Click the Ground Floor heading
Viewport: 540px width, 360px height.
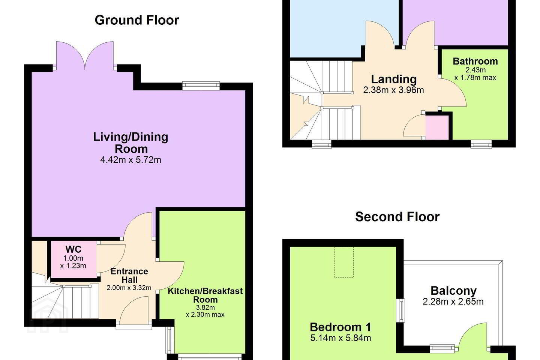pyautogui.click(x=137, y=20)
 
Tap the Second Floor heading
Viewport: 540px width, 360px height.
pyautogui.click(x=397, y=216)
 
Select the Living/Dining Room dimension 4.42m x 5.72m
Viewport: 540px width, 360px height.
pyautogui.click(x=130, y=160)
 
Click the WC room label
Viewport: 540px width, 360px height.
pyautogui.click(x=73, y=249)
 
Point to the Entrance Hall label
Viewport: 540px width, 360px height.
pyautogui.click(x=129, y=276)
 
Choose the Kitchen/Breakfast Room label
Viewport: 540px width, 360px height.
pyautogui.click(x=205, y=295)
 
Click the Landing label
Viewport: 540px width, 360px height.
pyautogui.click(x=394, y=79)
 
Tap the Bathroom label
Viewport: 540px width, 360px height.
pyautogui.click(x=475, y=61)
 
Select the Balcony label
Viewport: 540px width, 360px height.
pyautogui.click(x=453, y=291)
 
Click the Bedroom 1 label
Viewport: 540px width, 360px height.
pyautogui.click(x=340, y=327)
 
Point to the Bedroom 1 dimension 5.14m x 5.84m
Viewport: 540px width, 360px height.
pyautogui.click(x=340, y=338)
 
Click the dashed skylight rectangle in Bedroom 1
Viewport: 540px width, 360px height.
pyautogui.click(x=344, y=262)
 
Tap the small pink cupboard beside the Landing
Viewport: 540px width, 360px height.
pyautogui.click(x=437, y=127)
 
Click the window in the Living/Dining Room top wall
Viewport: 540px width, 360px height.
pyautogui.click(x=201, y=86)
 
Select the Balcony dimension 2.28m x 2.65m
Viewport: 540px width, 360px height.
pyautogui.click(x=453, y=301)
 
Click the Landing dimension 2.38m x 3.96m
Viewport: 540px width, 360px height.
pyautogui.click(x=393, y=90)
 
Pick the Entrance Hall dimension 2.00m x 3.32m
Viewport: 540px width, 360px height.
pyautogui.click(x=129, y=288)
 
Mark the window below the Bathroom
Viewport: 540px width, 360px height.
pyautogui.click(x=481, y=145)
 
